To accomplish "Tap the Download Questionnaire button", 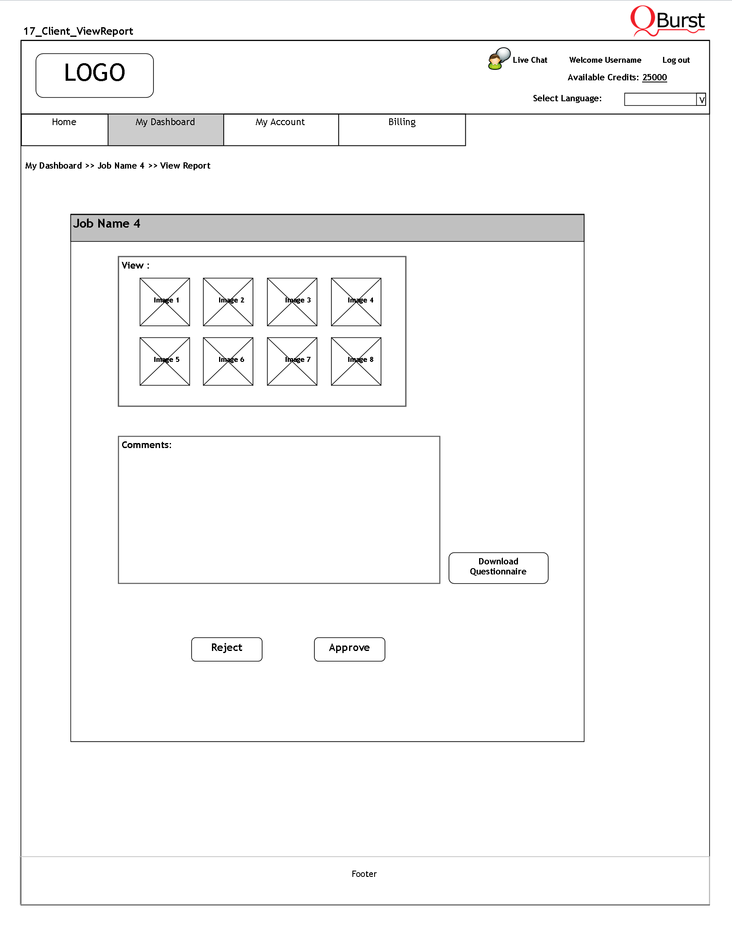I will pyautogui.click(x=498, y=567).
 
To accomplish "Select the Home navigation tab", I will pyautogui.click(x=64, y=129).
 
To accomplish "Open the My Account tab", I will pyautogui.click(x=281, y=129).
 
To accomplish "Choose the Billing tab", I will pyautogui.click(x=402, y=129).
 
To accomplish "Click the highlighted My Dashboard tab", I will pyautogui.click(x=165, y=129).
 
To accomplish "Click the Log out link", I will pyautogui.click(x=676, y=60).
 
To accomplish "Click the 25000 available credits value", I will pyautogui.click(x=654, y=77).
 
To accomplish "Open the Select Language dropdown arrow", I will pyautogui.click(x=701, y=100).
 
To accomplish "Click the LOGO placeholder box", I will pyautogui.click(x=94, y=75).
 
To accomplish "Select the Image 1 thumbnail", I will pyautogui.click(x=165, y=302).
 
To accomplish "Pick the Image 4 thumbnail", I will pyautogui.click(x=356, y=302).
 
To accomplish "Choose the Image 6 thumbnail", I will pyautogui.click(x=228, y=361).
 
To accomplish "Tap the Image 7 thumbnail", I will pyautogui.click(x=292, y=361).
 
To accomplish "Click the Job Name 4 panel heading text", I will pyautogui.click(x=107, y=223).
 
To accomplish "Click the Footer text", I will pyautogui.click(x=364, y=874).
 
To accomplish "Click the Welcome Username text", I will pyautogui.click(x=605, y=60).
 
